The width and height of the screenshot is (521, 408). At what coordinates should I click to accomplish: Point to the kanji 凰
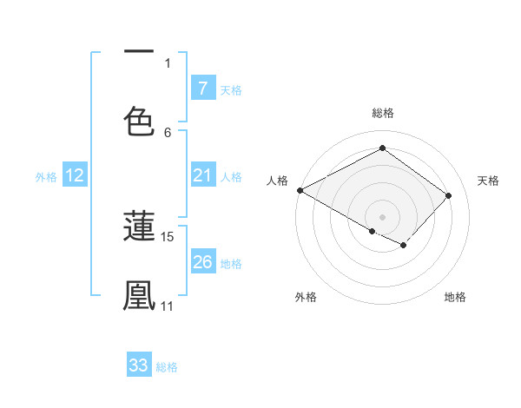[x=139, y=295]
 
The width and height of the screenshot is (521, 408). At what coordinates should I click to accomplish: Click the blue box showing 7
[x=202, y=89]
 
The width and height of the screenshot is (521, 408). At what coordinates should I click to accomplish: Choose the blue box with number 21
[x=202, y=176]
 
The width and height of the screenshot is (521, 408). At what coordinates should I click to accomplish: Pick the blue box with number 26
[x=202, y=262]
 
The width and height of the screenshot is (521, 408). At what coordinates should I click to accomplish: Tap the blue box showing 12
[x=75, y=176]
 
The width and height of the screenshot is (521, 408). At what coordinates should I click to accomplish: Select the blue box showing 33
[x=139, y=365]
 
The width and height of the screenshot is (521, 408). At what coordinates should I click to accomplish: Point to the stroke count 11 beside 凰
[x=168, y=306]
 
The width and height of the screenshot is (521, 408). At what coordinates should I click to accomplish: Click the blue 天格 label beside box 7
[x=231, y=89]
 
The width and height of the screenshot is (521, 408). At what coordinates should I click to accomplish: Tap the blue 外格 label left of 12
[x=46, y=177]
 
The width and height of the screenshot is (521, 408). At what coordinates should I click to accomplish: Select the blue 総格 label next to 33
[x=167, y=367]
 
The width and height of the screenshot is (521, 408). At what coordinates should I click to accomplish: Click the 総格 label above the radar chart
[x=382, y=114]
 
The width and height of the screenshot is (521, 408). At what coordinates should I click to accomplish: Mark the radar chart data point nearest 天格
[x=448, y=195]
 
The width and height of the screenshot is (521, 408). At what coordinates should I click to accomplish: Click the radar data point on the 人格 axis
[x=300, y=190]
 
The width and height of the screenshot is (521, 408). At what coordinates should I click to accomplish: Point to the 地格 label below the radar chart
[x=455, y=297]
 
